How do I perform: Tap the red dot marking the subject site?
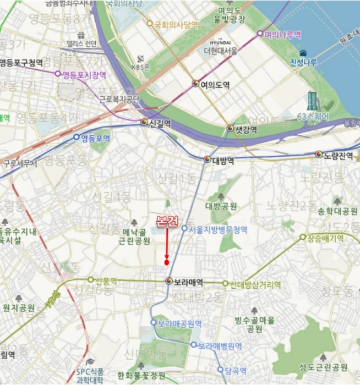[166, 262]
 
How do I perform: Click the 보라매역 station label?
[188, 282]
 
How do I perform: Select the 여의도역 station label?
[215, 85]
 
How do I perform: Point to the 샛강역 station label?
[247, 129]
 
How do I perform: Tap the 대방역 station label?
[223, 161]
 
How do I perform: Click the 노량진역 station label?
[337, 156]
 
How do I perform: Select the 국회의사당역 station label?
[176, 24]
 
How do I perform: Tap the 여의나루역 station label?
[282, 34]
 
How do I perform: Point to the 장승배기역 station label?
[325, 238]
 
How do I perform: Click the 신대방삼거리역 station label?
[255, 285]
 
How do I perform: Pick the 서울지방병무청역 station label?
[217, 229]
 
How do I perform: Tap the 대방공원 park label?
[221, 206]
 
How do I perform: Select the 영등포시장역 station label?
[84, 74]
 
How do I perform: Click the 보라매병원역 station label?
[220, 346]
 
